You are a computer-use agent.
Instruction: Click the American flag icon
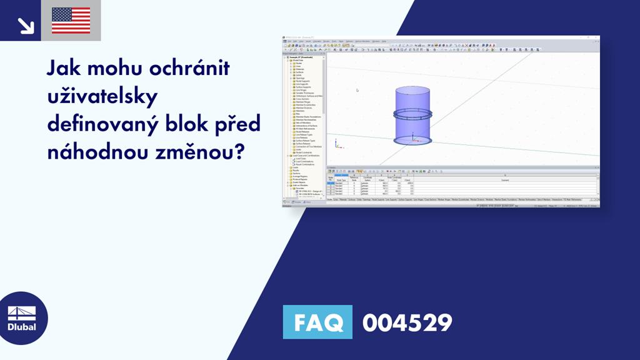71,21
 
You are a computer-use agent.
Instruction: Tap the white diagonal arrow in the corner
26,25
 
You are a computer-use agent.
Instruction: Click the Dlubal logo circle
22,318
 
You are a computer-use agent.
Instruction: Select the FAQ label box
317,323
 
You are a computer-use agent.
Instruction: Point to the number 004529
407,323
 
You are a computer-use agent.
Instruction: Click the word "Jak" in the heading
64,67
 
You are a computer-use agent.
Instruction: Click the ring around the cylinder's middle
412,114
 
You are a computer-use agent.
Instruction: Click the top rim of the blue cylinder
412,89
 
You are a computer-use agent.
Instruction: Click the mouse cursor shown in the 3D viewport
357,90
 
